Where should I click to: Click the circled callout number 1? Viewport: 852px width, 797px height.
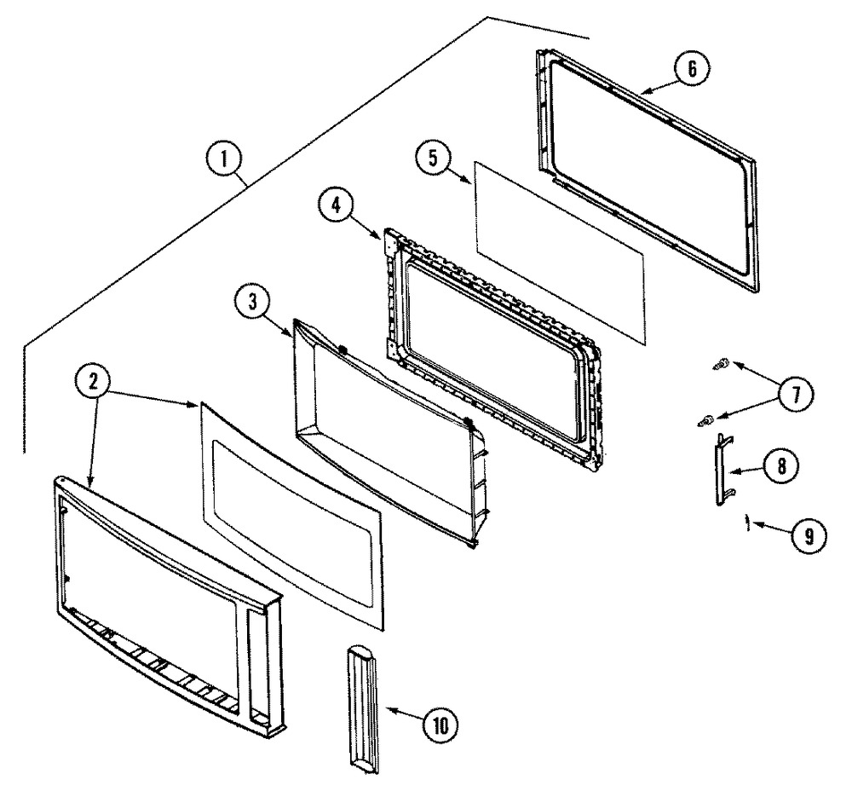[x=224, y=160]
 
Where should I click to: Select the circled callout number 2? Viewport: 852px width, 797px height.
[x=93, y=382]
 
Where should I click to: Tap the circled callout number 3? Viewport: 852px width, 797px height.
[x=253, y=303]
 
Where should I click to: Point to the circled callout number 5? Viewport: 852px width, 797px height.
[x=433, y=159]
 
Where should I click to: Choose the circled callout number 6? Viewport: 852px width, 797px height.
[x=692, y=68]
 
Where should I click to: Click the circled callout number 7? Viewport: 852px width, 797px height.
[x=796, y=395]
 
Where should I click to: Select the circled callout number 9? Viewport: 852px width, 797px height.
[x=809, y=536]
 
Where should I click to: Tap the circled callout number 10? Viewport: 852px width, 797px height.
[x=440, y=725]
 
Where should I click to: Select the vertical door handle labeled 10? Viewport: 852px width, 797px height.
[x=361, y=709]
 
